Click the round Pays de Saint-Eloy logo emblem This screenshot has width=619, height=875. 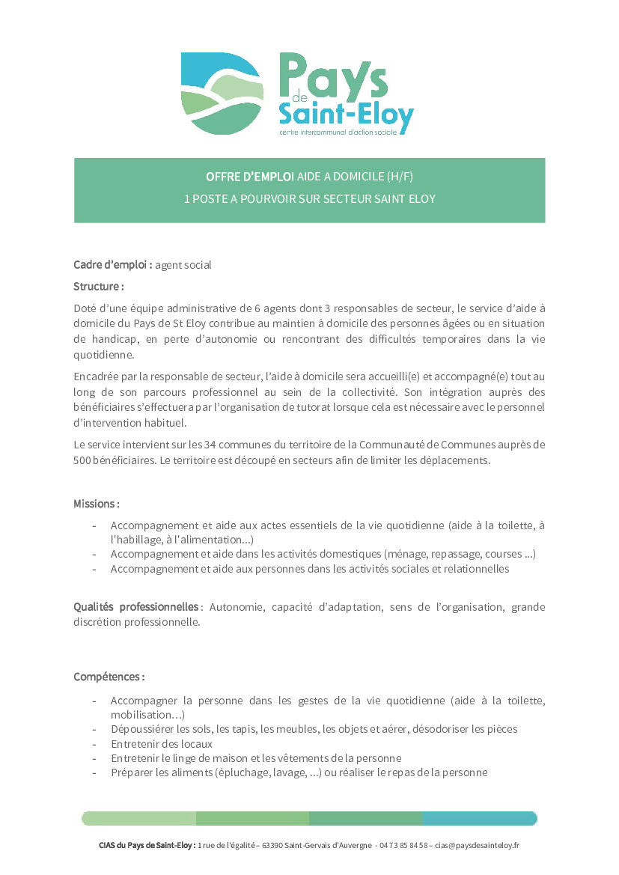pos(222,94)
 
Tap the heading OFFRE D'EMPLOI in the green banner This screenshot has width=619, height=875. pos(250,177)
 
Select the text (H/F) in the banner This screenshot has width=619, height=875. pos(400,177)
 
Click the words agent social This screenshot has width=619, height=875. pos(183,264)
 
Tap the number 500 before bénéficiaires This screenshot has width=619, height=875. pos(82,460)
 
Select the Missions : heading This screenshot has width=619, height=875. pos(97,504)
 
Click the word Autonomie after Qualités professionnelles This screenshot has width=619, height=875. pos(237,606)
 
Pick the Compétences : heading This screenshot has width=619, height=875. pos(109,677)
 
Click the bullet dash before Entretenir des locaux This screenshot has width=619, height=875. pos(94,743)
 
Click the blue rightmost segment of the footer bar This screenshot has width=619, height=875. pos(480,818)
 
